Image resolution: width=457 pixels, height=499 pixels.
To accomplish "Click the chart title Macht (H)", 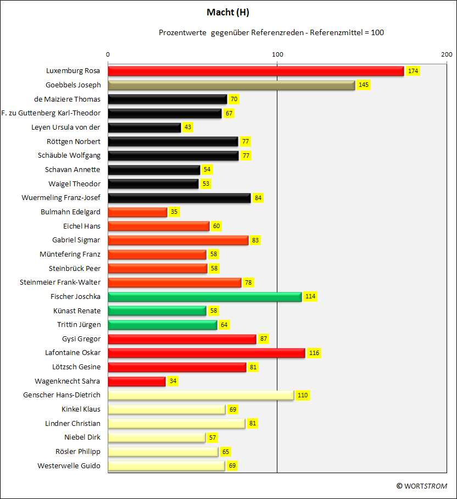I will point(228,12).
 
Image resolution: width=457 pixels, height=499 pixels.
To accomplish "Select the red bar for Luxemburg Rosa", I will point(255,71).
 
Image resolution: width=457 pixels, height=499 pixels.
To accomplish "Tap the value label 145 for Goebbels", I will point(364,85).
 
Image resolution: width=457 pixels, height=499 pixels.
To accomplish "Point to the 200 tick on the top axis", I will point(447,54).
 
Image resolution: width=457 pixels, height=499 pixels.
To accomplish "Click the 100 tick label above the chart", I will point(277,54).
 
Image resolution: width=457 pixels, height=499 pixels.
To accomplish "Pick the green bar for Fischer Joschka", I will point(204,297).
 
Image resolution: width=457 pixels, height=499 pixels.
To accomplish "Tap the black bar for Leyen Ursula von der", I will point(144,127).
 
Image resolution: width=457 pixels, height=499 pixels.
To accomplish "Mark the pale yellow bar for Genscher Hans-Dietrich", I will point(200,395).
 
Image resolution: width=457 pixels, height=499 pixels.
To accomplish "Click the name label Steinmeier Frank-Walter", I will point(60,282).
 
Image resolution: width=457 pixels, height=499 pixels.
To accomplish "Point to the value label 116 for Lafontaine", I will point(314,353).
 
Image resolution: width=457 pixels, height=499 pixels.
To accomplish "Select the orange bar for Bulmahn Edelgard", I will point(137,212).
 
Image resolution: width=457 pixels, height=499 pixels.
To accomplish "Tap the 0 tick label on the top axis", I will point(108,54).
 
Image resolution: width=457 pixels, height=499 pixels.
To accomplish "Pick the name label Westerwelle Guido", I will point(69,465).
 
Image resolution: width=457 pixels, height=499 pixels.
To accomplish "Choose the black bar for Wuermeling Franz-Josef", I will point(179,198).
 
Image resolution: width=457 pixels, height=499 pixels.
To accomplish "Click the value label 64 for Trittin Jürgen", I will point(224,325).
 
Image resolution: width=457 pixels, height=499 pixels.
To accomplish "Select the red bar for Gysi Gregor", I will point(182,339).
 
